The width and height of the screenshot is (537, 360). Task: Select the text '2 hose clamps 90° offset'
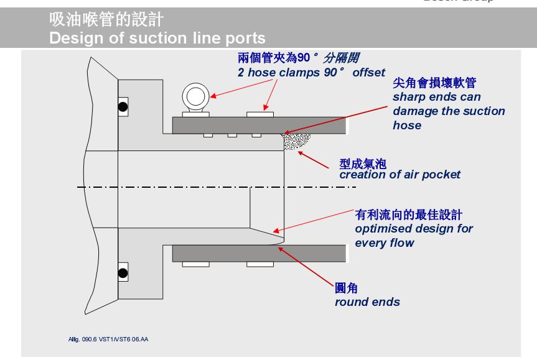312,72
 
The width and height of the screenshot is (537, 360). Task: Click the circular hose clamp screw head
195,97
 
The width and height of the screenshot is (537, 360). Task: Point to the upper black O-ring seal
124,106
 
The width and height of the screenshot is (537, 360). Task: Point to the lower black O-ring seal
124,272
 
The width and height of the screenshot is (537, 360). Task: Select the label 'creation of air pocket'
399,174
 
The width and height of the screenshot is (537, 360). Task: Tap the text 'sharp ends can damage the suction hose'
448,111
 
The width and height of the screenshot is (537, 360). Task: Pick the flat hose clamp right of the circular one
259,114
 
